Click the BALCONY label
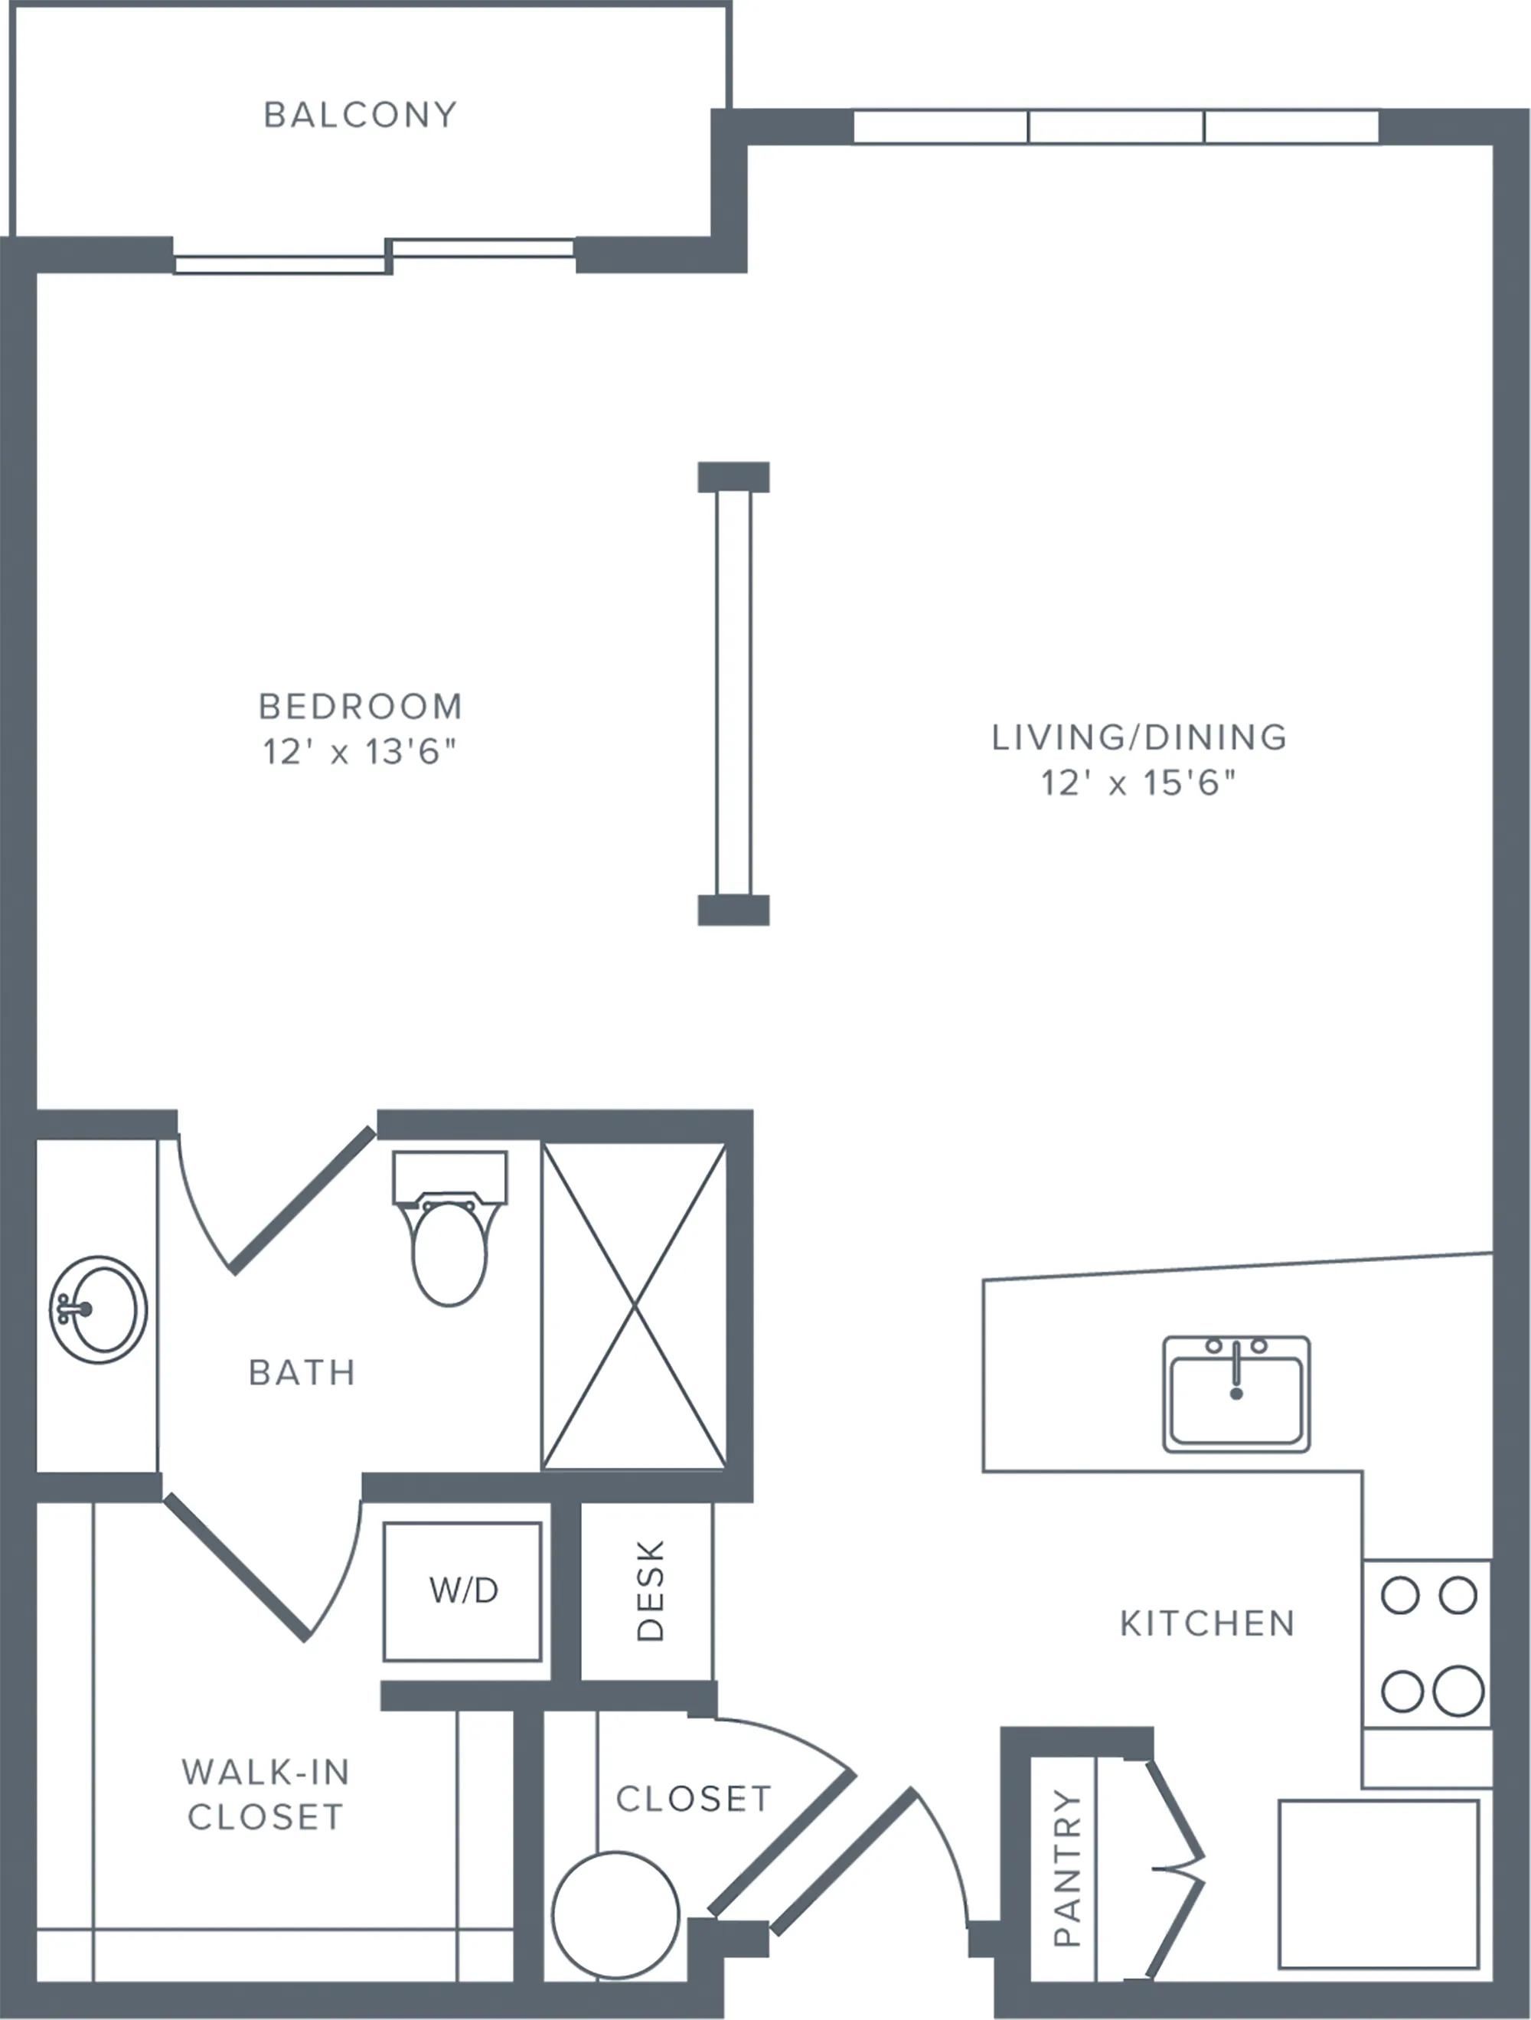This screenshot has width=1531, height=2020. click(360, 115)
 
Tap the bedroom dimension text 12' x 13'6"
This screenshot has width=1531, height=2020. click(359, 751)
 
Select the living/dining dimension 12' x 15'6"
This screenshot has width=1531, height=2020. click(1138, 783)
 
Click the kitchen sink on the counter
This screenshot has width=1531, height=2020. click(1236, 1394)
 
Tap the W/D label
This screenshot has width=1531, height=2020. click(463, 1590)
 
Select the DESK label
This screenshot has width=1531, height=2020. click(649, 1590)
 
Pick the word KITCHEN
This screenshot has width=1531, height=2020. click(1207, 1623)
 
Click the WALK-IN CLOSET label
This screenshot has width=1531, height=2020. click(265, 1793)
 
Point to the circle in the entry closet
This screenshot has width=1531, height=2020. click(615, 1914)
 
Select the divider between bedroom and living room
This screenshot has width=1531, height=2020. click(733, 693)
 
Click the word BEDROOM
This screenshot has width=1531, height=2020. click(360, 706)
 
